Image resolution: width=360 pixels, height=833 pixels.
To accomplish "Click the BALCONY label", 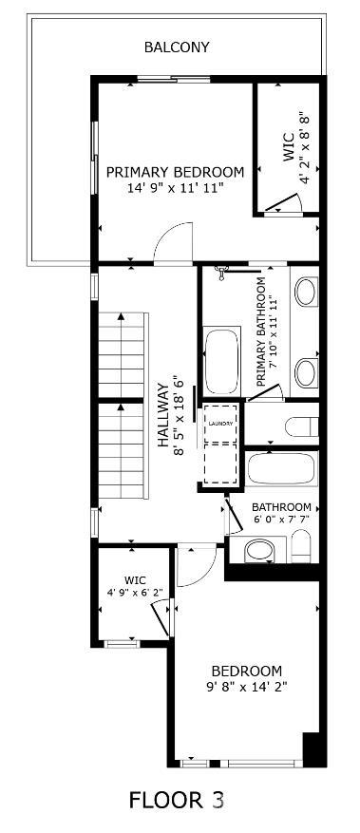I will [x=177, y=47].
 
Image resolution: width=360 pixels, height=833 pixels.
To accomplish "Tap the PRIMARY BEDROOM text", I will [x=175, y=172].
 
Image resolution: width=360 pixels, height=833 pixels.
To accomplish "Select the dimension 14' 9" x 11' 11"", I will [x=175, y=188].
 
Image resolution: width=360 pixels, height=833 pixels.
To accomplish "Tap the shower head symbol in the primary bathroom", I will [x=222, y=272].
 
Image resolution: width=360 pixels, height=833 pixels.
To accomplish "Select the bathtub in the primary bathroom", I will [x=222, y=360].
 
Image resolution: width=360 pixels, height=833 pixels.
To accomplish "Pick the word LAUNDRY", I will [x=220, y=424].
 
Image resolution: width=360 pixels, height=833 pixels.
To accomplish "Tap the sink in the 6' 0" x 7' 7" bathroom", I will [x=258, y=549].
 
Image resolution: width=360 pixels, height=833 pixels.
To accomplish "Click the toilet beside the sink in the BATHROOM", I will [x=300, y=545].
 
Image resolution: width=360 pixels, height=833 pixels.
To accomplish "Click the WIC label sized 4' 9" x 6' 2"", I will [x=135, y=579].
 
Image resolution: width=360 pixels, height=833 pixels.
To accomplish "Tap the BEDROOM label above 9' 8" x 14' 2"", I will [x=246, y=670].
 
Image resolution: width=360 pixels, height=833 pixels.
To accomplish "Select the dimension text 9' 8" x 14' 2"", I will [x=246, y=686].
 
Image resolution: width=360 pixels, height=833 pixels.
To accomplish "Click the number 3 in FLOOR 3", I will [x=218, y=801].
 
